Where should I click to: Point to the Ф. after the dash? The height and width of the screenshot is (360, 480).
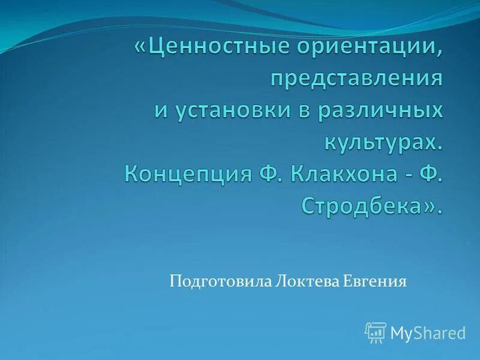coord(433,175)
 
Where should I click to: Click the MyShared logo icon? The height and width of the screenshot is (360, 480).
coord(376,332)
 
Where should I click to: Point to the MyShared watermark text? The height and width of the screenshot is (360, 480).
coord(428,332)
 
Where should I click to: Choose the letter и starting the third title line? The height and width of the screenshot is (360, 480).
coord(160,112)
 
